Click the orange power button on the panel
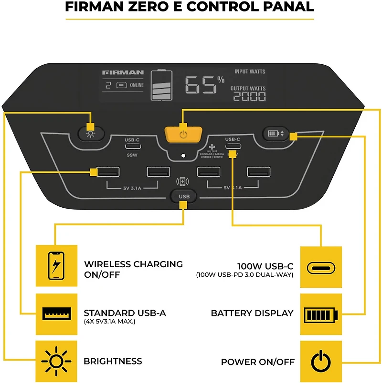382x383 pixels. pyautogui.click(x=182, y=135)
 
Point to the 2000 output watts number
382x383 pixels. pyautogui.click(x=249, y=97)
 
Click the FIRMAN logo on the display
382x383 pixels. pyautogui.click(x=123, y=72)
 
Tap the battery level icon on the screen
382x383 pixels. pyautogui.click(x=161, y=85)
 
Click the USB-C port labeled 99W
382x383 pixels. pyautogui.click(x=132, y=146)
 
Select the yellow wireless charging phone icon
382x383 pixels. pyautogui.click(x=56, y=265)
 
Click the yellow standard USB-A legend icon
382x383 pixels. pyautogui.click(x=56, y=313)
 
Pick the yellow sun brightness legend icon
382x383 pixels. pyautogui.click(x=56, y=361)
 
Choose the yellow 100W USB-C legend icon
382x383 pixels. pyautogui.click(x=321, y=267)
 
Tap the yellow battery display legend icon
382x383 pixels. pyautogui.click(x=321, y=314)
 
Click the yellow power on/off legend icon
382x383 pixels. pyautogui.click(x=321, y=362)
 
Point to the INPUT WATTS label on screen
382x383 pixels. pyautogui.click(x=250, y=71)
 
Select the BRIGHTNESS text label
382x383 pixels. pyautogui.click(x=113, y=362)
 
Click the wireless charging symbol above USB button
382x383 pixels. pyautogui.click(x=182, y=181)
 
